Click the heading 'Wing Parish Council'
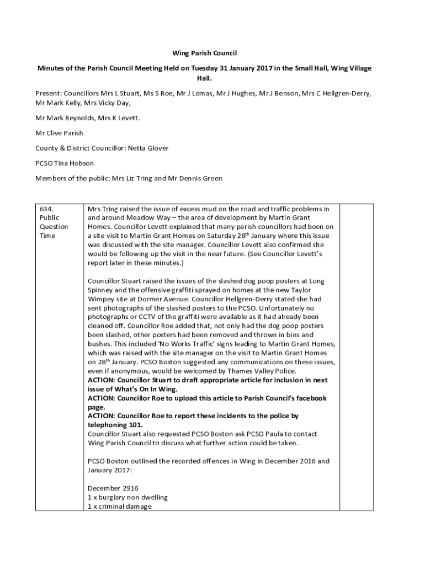204,54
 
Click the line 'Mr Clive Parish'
59,133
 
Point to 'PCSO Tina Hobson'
65,163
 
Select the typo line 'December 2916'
113,488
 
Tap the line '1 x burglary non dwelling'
127,497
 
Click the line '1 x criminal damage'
119,506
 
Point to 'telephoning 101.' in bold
115,424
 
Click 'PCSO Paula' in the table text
248,434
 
